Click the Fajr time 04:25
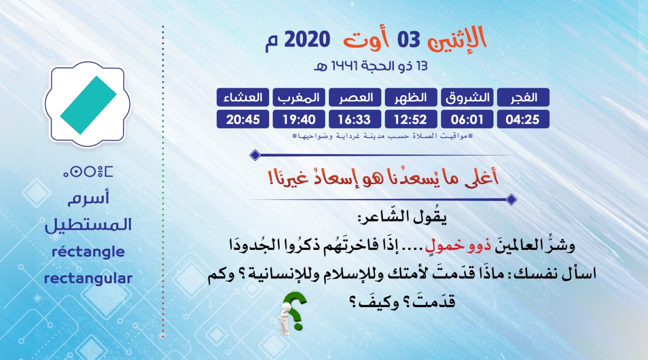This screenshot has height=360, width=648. click(x=523, y=119)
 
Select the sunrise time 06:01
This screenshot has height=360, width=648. click(x=467, y=119)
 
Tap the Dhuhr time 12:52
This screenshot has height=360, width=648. click(x=411, y=119)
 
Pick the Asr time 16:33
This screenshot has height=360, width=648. click(x=355, y=119)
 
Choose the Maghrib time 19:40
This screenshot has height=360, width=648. click(x=299, y=119)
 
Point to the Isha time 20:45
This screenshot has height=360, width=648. click(x=243, y=119)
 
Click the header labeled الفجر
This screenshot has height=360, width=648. click(x=523, y=97)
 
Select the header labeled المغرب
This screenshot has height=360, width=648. click(x=299, y=97)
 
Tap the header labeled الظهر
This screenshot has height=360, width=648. click(x=411, y=97)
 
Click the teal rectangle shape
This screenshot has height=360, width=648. click(x=88, y=105)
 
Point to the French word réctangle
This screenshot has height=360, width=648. click(x=88, y=252)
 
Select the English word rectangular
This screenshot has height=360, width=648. click(x=88, y=278)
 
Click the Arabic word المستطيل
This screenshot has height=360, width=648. click(x=88, y=225)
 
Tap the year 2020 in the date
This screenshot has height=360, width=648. click(x=307, y=39)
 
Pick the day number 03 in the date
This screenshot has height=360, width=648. click(x=408, y=40)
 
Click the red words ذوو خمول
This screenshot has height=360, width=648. click(x=458, y=246)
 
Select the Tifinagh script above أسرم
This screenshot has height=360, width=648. click(x=88, y=172)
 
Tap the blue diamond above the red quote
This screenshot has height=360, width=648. click(x=255, y=155)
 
